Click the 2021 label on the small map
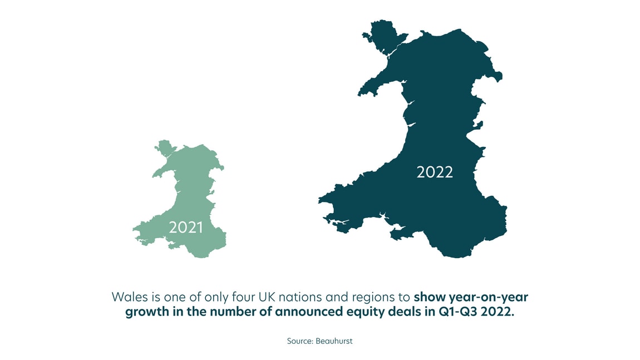pos(185,228)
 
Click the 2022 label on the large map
pos(435,172)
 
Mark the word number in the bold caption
pos(234,311)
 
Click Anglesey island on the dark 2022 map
pos(380,34)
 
